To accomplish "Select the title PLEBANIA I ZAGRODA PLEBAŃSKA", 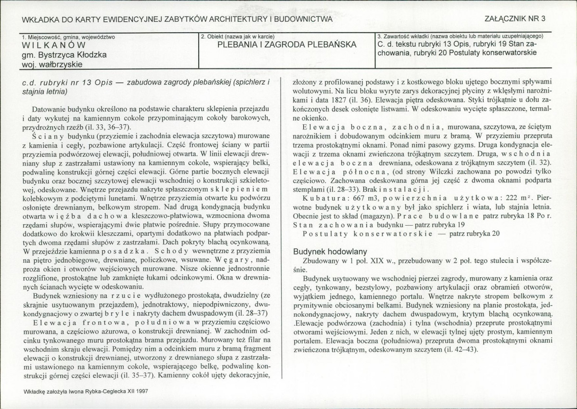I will [287, 45].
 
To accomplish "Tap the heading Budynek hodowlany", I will [330, 251].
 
